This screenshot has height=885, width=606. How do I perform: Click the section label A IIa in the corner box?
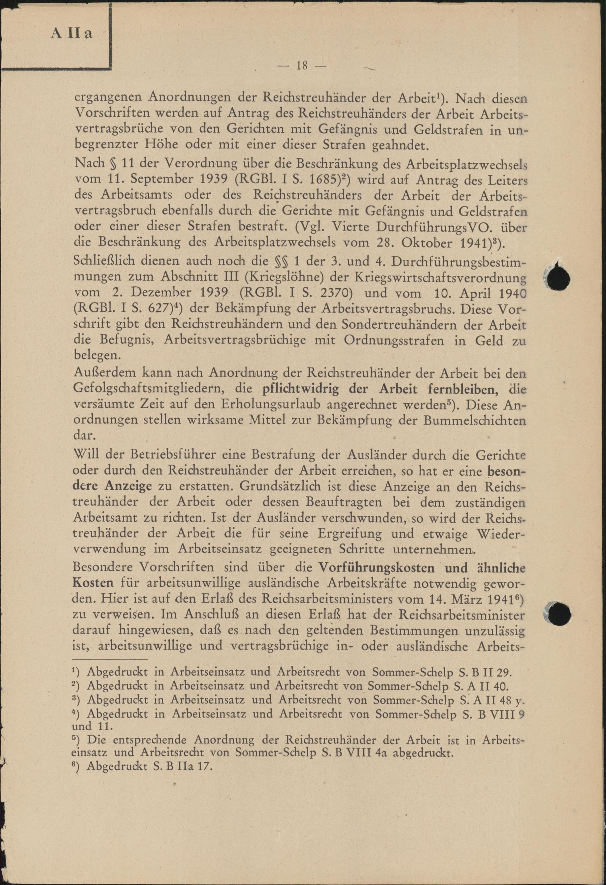72,34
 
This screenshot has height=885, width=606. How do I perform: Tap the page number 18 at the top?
302,66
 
